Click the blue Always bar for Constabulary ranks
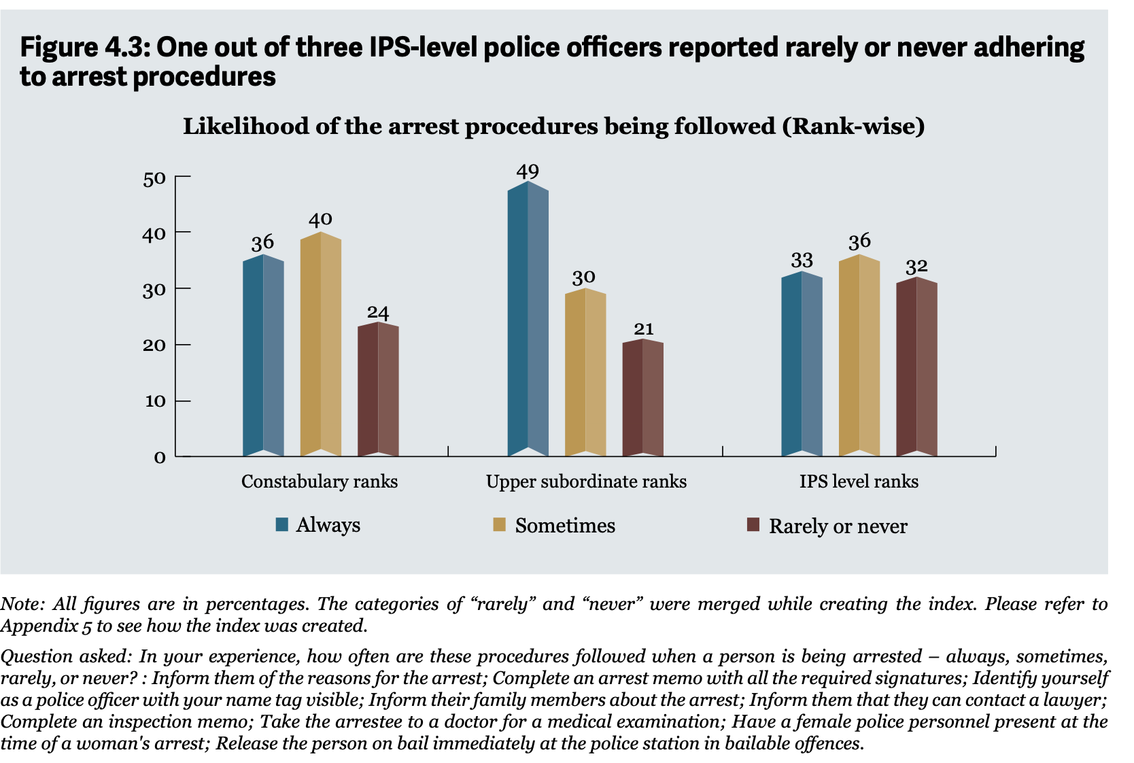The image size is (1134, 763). (x=263, y=356)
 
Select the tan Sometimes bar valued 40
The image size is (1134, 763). (x=320, y=344)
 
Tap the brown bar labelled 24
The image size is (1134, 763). (x=378, y=390)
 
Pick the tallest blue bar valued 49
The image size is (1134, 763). (x=528, y=319)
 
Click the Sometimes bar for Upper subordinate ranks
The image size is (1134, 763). (x=585, y=373)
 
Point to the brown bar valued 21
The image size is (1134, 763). (x=643, y=398)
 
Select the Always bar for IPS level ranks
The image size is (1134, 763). (x=802, y=364)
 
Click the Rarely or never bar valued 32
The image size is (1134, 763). (x=917, y=367)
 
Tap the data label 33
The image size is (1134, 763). (x=802, y=260)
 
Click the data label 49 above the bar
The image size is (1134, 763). (x=528, y=171)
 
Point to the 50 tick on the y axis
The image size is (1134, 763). (x=154, y=179)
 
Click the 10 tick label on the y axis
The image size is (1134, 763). (x=156, y=401)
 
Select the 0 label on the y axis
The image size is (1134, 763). (x=160, y=458)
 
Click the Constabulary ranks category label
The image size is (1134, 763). (x=320, y=481)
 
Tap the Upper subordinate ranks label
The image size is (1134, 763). (x=586, y=481)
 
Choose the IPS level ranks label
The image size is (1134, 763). (x=859, y=481)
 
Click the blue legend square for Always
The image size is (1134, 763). (x=282, y=524)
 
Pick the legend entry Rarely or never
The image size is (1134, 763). (x=827, y=526)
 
